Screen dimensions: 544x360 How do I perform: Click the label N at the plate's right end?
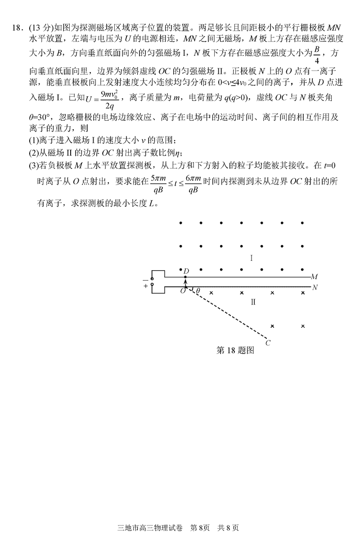point(315,287)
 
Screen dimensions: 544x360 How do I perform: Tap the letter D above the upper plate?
point(186,270)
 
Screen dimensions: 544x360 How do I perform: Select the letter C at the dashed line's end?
point(268,343)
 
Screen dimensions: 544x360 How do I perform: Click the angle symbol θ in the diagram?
point(198,291)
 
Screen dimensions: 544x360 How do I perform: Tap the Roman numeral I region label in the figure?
point(252,258)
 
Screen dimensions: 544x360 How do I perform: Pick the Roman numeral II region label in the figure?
point(253,302)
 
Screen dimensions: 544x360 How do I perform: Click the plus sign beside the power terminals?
point(145,286)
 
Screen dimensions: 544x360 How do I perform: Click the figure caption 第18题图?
point(235,351)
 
